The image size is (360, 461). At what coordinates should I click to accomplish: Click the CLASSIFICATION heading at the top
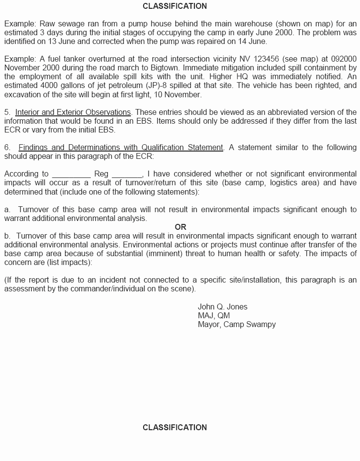point(174,6)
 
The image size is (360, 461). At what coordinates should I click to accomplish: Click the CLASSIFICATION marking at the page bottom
point(174,427)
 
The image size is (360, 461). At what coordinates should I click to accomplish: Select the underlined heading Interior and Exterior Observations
point(73,112)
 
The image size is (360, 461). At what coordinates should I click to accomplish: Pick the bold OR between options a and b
point(180,227)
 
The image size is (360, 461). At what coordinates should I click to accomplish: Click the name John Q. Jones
point(222,307)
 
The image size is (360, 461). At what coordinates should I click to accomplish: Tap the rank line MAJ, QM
point(213,315)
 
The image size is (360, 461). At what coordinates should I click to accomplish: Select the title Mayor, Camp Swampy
point(236,324)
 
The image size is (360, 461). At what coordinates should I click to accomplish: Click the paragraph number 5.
point(7,112)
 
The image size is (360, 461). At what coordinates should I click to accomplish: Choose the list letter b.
point(7,236)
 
